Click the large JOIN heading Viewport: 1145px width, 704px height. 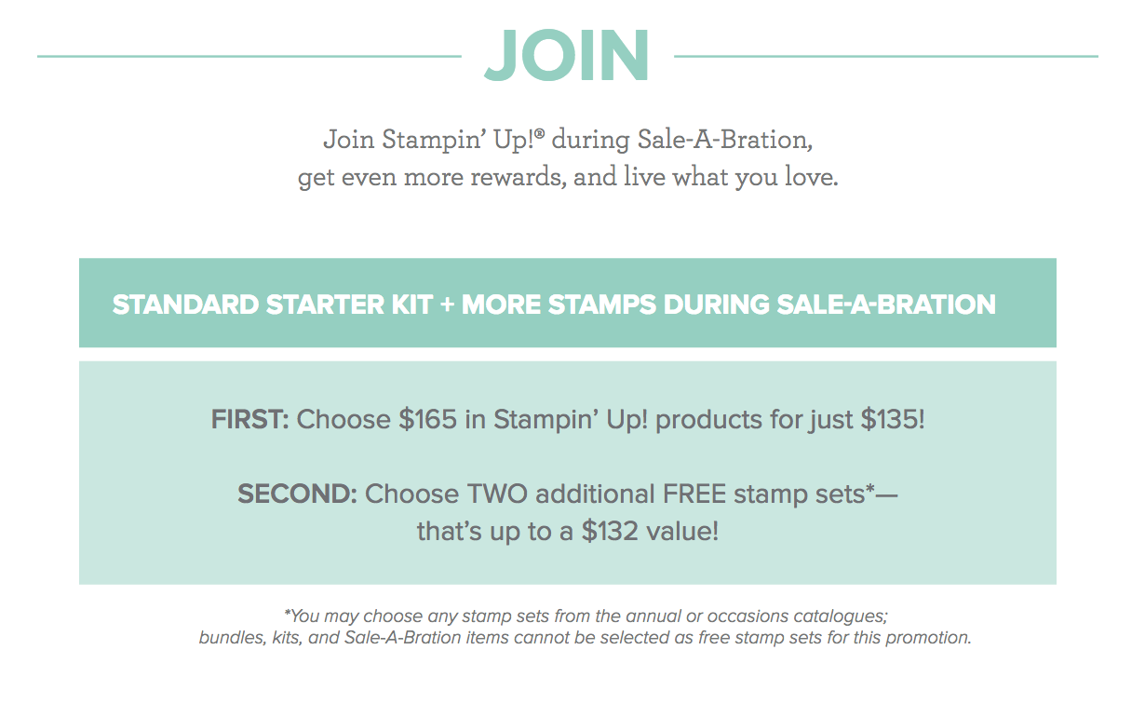pos(566,55)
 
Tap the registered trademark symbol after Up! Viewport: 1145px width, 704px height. pos(540,133)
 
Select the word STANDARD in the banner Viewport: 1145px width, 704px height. pos(185,305)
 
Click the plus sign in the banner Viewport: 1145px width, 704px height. pos(447,305)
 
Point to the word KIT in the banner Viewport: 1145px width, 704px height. pos(412,305)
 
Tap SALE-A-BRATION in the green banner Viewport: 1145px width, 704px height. pos(886,305)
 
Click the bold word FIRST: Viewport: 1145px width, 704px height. pos(250,419)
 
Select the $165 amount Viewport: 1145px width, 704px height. pos(428,419)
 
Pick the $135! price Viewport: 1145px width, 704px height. pos(893,419)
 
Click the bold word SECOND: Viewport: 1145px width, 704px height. pos(297,494)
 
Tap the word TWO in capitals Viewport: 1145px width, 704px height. pos(497,494)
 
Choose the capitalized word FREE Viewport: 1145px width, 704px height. pos(694,494)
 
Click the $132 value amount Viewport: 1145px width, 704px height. pos(611,531)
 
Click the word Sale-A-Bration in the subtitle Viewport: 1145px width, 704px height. pos(725,139)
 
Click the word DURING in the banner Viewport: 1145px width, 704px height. pos(717,305)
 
